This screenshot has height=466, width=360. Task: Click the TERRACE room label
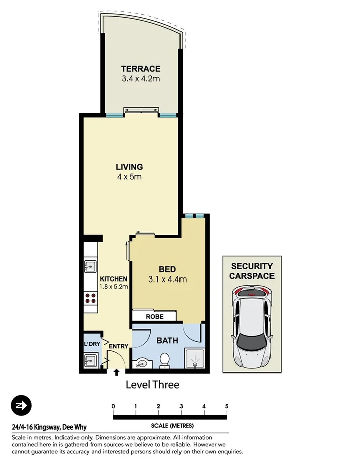[x=141, y=69]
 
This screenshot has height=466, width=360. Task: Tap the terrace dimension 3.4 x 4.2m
[x=141, y=79]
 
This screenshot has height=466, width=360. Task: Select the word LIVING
[x=129, y=167]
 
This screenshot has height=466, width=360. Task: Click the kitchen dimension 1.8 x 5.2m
[x=113, y=287]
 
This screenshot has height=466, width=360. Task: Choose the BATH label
[x=167, y=341]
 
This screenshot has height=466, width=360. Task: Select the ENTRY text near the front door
[x=118, y=346]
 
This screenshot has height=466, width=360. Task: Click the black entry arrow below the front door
[x=117, y=372]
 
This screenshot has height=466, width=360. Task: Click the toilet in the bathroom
[x=164, y=360]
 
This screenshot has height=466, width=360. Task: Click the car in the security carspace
[x=251, y=326]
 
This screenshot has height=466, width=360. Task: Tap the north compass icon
[x=21, y=406]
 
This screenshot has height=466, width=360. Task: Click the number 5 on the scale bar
[x=227, y=406]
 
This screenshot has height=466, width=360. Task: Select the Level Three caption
[x=152, y=385]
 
